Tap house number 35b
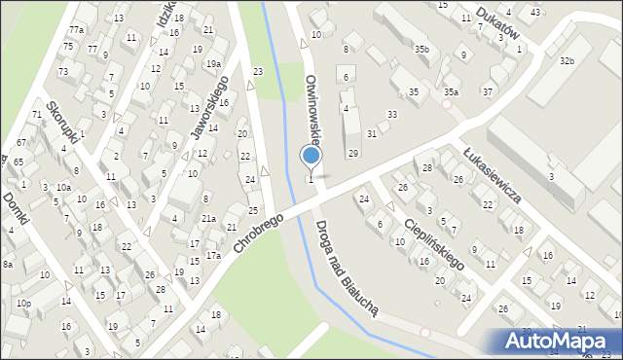(x=421, y=49)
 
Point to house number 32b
(x=567, y=60)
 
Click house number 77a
(x=76, y=30)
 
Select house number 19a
(x=212, y=64)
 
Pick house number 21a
(x=208, y=219)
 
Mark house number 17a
(x=213, y=255)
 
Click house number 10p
(x=23, y=304)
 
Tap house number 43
(x=535, y=12)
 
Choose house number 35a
(x=451, y=91)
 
